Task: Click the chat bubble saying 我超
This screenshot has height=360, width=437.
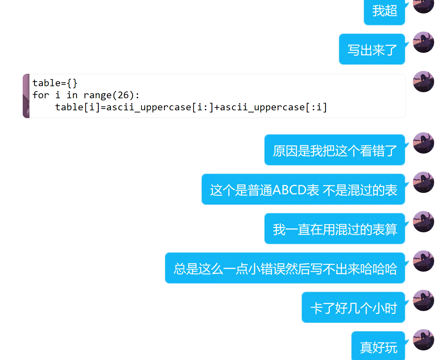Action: click(x=384, y=11)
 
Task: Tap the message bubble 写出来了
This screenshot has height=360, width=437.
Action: click(x=372, y=50)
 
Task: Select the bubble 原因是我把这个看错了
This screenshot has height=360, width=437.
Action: click(x=335, y=150)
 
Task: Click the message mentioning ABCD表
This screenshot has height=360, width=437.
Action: click(x=303, y=190)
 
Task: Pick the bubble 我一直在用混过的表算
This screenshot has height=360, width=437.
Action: click(x=335, y=229)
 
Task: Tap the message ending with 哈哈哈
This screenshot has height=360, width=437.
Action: click(x=285, y=268)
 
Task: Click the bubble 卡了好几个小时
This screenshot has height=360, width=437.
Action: click(x=354, y=308)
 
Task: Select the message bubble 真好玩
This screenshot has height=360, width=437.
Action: click(x=378, y=347)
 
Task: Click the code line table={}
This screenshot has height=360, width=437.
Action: click(x=55, y=83)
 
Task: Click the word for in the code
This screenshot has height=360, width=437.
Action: click(x=40, y=95)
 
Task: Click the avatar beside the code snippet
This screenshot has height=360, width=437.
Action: click(x=424, y=82)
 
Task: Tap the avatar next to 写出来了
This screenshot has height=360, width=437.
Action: click(x=424, y=42)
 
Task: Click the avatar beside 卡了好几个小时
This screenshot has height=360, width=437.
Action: click(x=424, y=300)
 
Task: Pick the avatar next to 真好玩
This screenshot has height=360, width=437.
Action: click(x=424, y=340)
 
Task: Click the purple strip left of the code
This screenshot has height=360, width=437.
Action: click(x=26, y=96)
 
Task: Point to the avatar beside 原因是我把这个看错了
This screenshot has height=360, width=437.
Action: click(x=424, y=143)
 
